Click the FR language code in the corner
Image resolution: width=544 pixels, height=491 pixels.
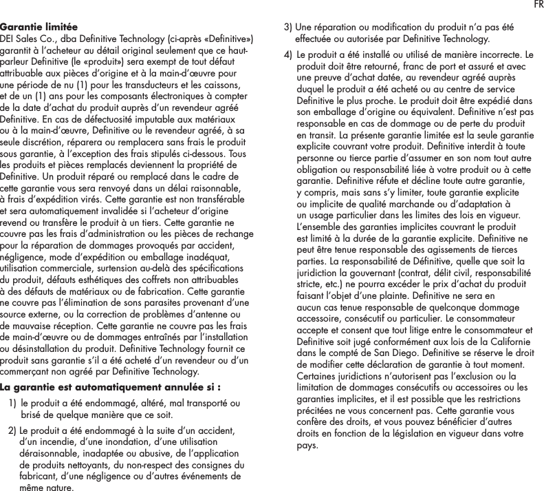[x=536, y=6]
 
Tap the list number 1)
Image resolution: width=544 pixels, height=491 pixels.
[x=14, y=403]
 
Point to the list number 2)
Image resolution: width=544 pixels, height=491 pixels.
[x=13, y=430]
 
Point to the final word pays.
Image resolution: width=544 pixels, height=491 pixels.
[x=307, y=444]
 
